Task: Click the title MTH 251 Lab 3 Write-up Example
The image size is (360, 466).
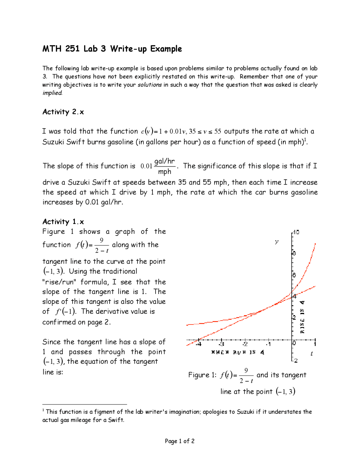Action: (x=112, y=49)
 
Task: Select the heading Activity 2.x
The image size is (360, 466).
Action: (x=63, y=112)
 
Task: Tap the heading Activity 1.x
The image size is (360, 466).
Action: (x=63, y=222)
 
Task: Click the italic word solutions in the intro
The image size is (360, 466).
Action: (x=149, y=85)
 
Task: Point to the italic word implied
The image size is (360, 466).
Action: (x=52, y=93)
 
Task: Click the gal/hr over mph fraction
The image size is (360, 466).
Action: (x=165, y=166)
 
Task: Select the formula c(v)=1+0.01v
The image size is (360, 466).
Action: (x=163, y=131)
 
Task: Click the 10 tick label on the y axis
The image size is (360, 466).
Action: (x=296, y=232)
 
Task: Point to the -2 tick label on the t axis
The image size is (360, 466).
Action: (x=245, y=344)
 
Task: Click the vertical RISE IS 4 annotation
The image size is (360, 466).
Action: (x=302, y=317)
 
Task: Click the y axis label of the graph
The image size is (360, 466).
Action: (x=277, y=242)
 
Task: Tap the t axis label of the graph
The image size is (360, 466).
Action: (x=312, y=354)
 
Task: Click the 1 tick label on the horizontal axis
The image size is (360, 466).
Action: (x=315, y=344)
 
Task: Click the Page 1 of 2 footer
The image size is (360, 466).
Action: (x=179, y=441)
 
